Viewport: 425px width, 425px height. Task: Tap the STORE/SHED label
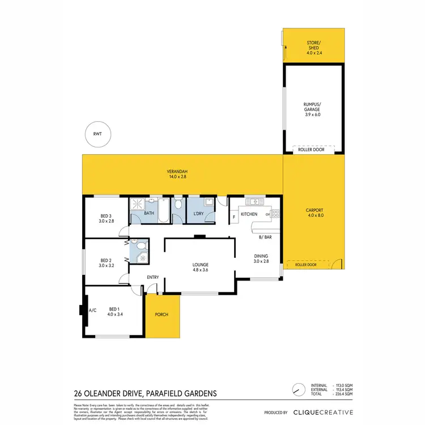(313, 45)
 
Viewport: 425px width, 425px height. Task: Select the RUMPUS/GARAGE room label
(313, 108)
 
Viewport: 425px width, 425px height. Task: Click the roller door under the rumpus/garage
(313, 150)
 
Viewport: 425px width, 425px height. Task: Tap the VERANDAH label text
(177, 174)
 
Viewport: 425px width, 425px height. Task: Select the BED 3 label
(107, 218)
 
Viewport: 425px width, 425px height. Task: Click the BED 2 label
(107, 262)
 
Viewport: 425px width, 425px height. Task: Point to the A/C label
(92, 310)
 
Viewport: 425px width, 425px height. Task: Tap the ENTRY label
(153, 277)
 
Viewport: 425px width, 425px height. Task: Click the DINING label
(261, 258)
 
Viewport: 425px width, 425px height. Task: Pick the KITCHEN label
(249, 214)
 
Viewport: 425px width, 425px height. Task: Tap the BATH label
(149, 214)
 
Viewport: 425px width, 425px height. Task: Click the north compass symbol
(295, 390)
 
